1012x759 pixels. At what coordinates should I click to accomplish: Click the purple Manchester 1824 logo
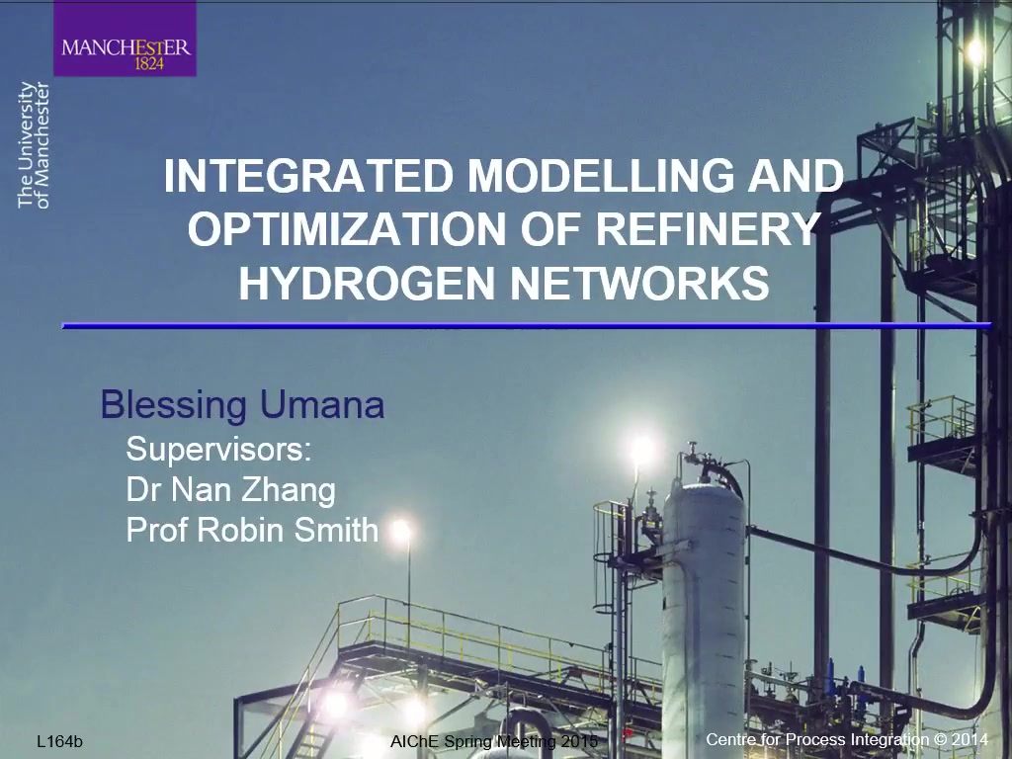click(x=125, y=39)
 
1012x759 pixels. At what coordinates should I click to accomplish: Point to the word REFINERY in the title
click(x=708, y=228)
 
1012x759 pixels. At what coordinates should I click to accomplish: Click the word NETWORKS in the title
click(x=640, y=283)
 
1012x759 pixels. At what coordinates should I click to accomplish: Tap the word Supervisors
click(x=218, y=449)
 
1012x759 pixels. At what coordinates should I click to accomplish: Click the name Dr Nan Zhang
click(x=231, y=490)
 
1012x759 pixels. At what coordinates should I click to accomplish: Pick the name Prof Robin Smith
click(x=252, y=530)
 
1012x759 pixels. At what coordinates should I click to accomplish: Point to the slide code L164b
click(x=60, y=741)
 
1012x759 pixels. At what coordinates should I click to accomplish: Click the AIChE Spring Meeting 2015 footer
click(x=494, y=741)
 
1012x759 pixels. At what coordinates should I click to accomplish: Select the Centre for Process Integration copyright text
click(x=847, y=739)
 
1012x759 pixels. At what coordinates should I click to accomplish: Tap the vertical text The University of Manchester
click(x=34, y=145)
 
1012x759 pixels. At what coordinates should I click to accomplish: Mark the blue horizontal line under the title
click(x=527, y=326)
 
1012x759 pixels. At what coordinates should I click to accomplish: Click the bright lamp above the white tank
click(x=641, y=448)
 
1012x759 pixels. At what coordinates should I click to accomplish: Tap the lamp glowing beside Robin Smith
click(x=401, y=531)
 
